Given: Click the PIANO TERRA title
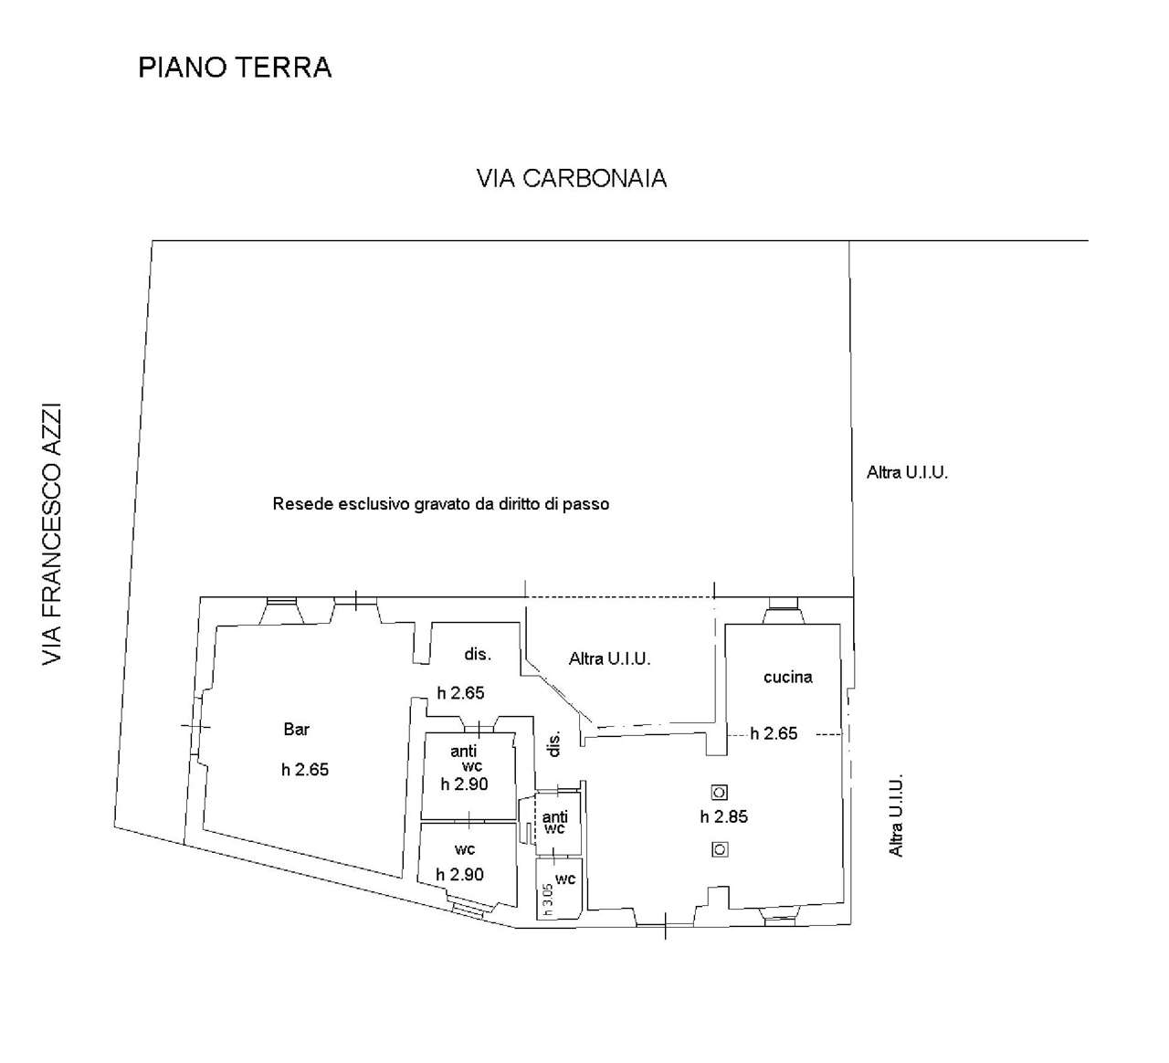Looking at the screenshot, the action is coord(235,68).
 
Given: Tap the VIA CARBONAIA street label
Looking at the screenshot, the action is coord(572,178).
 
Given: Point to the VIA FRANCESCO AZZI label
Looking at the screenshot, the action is coord(52,534).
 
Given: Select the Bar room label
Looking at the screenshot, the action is coord(297,729).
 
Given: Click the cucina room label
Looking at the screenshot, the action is coord(788,678).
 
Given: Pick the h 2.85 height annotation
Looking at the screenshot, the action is coord(724,816).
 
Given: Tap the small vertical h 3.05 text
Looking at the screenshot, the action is coord(547,900).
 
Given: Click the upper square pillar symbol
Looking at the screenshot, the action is coord(720,793).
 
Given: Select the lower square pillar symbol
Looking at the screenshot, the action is coord(720,849).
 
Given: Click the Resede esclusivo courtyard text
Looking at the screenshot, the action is coord(441,504).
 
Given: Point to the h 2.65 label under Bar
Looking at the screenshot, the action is coord(305,770).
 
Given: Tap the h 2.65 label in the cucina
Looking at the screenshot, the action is coord(774,733).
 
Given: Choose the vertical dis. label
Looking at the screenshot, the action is coord(554,743).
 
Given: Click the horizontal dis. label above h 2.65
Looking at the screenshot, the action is coord(478,655).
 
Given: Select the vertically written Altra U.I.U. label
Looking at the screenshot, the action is coord(896,816).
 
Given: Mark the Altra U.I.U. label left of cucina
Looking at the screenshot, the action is coord(609,659).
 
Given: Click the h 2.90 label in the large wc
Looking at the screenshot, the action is coord(459,874).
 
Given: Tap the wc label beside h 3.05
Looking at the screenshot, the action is coord(565,879).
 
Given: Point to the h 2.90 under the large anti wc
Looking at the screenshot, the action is coord(465,784).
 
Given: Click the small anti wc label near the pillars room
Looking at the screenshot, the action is coord(554,822).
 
